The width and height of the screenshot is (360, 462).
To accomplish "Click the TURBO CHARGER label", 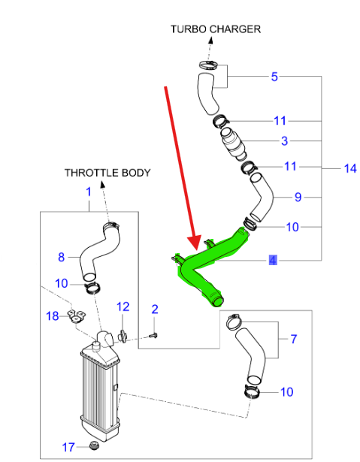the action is point(216,29).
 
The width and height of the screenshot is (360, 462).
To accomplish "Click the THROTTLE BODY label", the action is point(107,173).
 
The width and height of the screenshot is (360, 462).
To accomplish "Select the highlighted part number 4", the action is point(273,261).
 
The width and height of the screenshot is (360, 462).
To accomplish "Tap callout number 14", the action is point(350,168).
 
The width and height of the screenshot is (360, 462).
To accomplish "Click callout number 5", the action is point(274,77).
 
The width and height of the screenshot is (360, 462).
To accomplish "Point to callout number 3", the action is point(285,140).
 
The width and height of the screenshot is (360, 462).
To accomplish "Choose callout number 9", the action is point(298,197).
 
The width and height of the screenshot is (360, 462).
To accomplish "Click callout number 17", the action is point(68,447).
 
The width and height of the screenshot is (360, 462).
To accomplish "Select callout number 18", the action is point(53,316).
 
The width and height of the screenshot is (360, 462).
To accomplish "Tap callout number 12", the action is point(123,306).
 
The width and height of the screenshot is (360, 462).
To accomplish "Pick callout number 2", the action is point(155,309).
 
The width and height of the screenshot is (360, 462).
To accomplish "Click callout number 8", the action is point(62,257).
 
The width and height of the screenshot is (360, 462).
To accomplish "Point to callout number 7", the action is point(294,339).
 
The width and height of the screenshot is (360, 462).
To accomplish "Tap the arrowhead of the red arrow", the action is point(195,242).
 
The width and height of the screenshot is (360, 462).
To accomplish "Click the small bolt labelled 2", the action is point(153,335).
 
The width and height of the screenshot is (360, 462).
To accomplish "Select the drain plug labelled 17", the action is point(94,445).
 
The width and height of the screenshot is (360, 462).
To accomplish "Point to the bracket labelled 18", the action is point(76,317).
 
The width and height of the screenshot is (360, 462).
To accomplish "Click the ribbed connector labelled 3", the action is point(233,143).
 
